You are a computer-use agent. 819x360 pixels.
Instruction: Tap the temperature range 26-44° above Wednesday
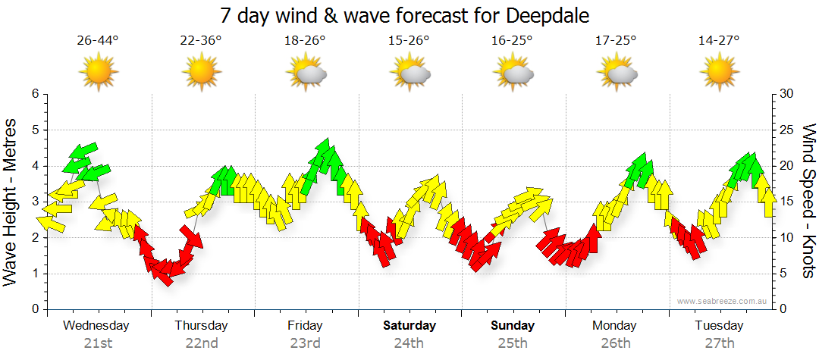click(x=98, y=40)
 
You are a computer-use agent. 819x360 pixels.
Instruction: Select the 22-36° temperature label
click(x=201, y=40)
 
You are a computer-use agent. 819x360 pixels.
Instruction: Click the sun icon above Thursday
click(x=201, y=72)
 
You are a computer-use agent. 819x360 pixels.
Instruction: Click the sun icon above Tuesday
click(x=719, y=72)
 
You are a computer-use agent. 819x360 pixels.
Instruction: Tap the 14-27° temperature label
click(x=719, y=40)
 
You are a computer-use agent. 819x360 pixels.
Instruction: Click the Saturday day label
click(x=409, y=326)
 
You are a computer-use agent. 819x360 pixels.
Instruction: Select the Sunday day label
click(x=513, y=326)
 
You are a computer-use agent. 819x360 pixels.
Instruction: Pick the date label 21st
click(x=98, y=343)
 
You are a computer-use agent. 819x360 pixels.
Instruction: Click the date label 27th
click(x=719, y=343)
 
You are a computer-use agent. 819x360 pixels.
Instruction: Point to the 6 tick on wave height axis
click(x=35, y=94)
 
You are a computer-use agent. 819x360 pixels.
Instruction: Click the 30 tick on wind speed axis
click(x=786, y=94)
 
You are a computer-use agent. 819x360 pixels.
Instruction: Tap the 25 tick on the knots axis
click(x=786, y=130)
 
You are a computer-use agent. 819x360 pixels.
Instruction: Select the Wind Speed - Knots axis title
click(x=808, y=202)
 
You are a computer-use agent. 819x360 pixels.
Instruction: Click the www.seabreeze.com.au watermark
click(x=723, y=302)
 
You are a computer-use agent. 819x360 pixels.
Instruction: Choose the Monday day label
click(x=615, y=326)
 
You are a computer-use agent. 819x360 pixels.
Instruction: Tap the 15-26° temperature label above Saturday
click(x=409, y=40)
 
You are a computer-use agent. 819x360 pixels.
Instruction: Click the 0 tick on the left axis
click(x=35, y=309)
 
